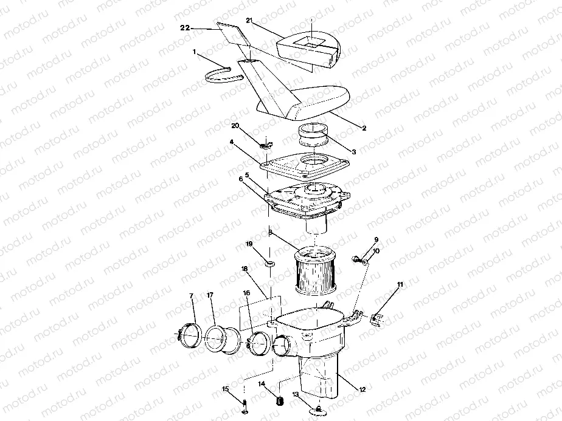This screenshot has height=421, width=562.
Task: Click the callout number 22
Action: (186, 28)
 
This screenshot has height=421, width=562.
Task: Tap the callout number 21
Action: (248, 21)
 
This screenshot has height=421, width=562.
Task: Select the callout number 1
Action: (195, 53)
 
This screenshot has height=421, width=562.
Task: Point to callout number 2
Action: (363, 128)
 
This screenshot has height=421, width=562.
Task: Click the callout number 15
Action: (224, 389)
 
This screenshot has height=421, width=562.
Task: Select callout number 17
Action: (210, 296)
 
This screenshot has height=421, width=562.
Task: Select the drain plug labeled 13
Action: (318, 412)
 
